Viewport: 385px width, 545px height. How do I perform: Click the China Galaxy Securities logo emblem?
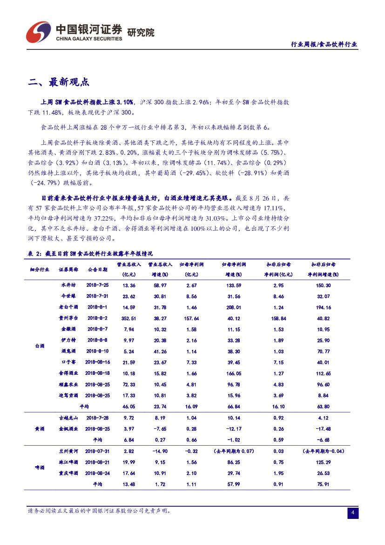(38, 31)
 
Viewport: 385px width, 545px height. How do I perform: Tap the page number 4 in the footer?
(353, 513)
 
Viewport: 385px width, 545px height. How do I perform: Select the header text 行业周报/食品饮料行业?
(324, 44)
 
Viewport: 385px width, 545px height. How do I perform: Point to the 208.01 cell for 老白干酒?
(234, 307)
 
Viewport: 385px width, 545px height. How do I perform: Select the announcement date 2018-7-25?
(97, 285)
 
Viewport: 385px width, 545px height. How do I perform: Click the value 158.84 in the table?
(278, 318)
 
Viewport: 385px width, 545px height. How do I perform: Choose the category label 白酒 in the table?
(40, 346)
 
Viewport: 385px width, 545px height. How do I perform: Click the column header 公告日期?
(97, 269)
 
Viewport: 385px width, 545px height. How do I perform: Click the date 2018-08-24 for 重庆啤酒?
(98, 473)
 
